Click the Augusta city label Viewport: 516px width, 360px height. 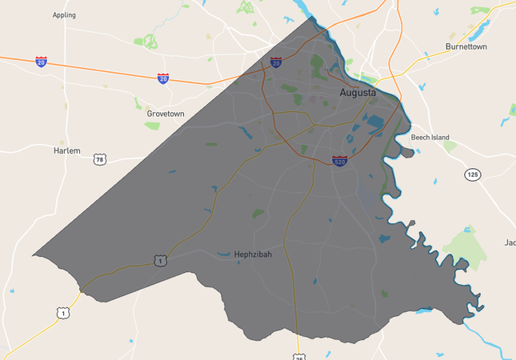[x=358, y=94]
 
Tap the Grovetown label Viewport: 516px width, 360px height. [x=166, y=114]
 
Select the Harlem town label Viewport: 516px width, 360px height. [x=67, y=150]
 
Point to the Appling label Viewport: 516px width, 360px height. [x=64, y=15]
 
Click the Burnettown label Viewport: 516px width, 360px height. [x=466, y=47]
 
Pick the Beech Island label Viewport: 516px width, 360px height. [x=430, y=138]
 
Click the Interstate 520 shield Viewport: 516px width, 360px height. [x=340, y=161]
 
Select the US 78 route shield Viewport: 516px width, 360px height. [x=100, y=160]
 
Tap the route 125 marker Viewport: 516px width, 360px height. [x=473, y=174]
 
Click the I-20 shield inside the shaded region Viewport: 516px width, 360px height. [x=276, y=62]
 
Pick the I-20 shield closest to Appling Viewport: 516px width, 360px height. [x=41, y=61]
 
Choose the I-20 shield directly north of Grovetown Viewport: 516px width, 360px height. [x=163, y=78]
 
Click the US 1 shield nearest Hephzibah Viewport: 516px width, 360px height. [x=161, y=261]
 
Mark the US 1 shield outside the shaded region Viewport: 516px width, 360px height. [x=62, y=313]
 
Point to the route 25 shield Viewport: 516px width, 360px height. [x=299, y=356]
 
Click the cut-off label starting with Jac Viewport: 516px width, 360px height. [x=510, y=242]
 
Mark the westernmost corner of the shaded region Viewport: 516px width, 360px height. [x=33, y=256]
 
